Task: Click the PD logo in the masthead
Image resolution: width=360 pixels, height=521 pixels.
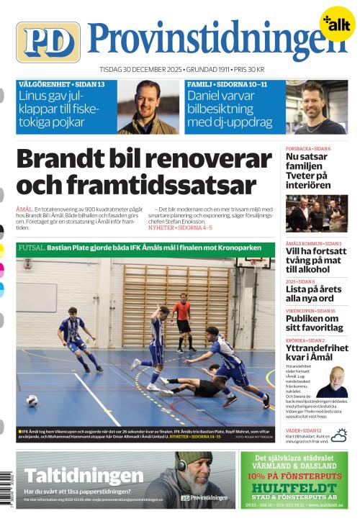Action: [48, 42]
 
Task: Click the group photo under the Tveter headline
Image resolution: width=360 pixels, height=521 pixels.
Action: [316, 213]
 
